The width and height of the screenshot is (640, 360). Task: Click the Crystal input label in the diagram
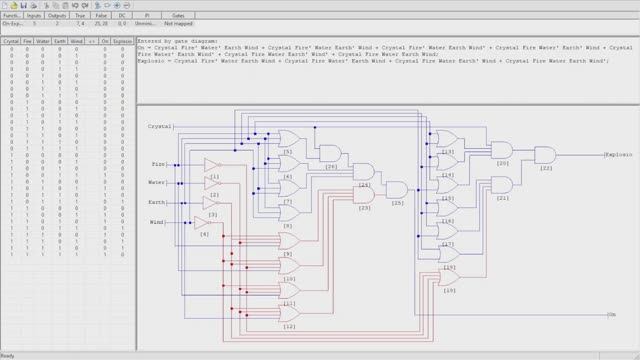point(160,127)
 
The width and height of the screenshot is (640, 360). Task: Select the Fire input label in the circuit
point(157,163)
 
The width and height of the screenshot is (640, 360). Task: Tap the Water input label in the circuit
point(158,182)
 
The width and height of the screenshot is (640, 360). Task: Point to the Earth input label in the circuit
point(158,202)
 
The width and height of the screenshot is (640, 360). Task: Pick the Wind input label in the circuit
point(158,221)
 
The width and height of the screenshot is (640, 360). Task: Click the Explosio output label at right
point(619,156)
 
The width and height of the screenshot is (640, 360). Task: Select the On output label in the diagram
point(612,314)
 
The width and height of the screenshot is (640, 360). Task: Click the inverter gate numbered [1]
point(210,164)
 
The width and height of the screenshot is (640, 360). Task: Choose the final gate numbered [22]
point(546,155)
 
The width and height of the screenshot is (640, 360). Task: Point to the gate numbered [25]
point(397,189)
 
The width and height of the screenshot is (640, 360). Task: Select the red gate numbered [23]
point(364,197)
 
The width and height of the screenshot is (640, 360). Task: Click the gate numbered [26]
point(330,152)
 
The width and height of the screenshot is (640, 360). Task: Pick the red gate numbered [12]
point(288,317)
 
